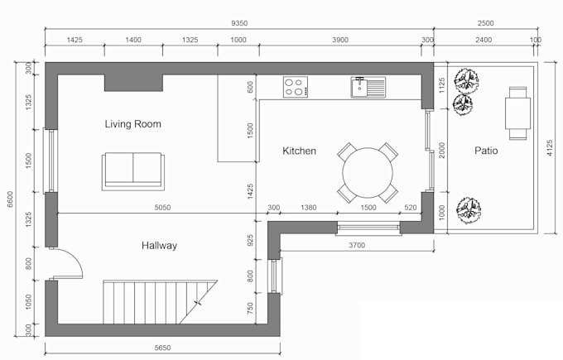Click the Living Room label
coord(132,124)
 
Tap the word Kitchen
coord(299,151)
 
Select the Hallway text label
coord(158,245)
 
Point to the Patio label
coord(486,151)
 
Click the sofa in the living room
coord(133,170)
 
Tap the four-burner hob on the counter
coord(295,86)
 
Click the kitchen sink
coord(368,86)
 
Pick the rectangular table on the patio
coord(518,113)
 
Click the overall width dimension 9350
coord(239,26)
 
